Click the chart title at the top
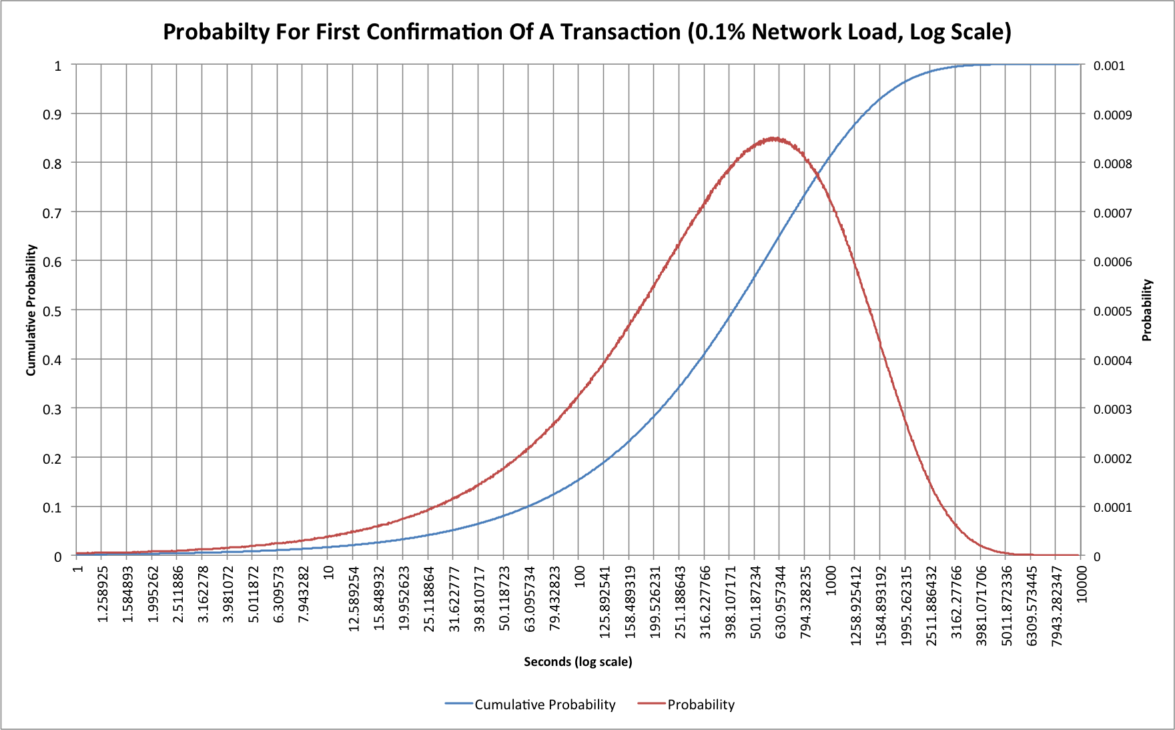587,32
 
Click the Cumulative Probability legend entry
530,705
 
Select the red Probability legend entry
686,705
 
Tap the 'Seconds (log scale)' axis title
578,661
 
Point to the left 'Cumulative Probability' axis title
31,310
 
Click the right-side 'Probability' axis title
1147,310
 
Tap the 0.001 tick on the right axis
1109,65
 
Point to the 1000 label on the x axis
831,579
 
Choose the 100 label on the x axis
579,576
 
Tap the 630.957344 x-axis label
781,602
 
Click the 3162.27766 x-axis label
956,602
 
